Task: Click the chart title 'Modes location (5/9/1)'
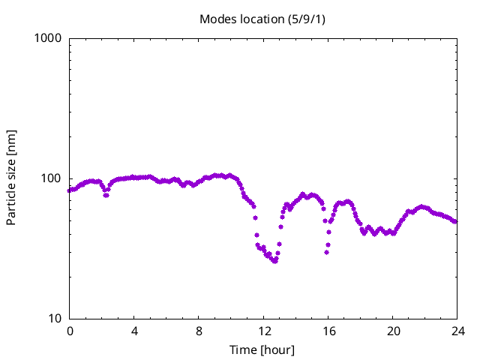click(262, 19)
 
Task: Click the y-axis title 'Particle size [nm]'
click(11, 178)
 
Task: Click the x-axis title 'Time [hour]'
click(262, 349)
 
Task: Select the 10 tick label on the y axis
click(54, 319)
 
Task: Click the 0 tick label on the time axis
click(70, 331)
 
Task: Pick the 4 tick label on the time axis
click(134, 331)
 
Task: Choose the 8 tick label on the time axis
click(199, 331)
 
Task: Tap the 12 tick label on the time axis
click(263, 331)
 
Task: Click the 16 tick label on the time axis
click(328, 331)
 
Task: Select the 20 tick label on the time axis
click(392, 331)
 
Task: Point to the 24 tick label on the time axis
click(457, 331)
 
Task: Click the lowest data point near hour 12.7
click(275, 261)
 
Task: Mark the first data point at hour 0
click(70, 190)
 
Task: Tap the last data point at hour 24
click(455, 221)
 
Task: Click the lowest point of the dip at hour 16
click(327, 252)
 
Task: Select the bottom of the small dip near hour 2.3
click(106, 195)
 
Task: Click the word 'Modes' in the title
click(216, 19)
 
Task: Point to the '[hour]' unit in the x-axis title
click(278, 349)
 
